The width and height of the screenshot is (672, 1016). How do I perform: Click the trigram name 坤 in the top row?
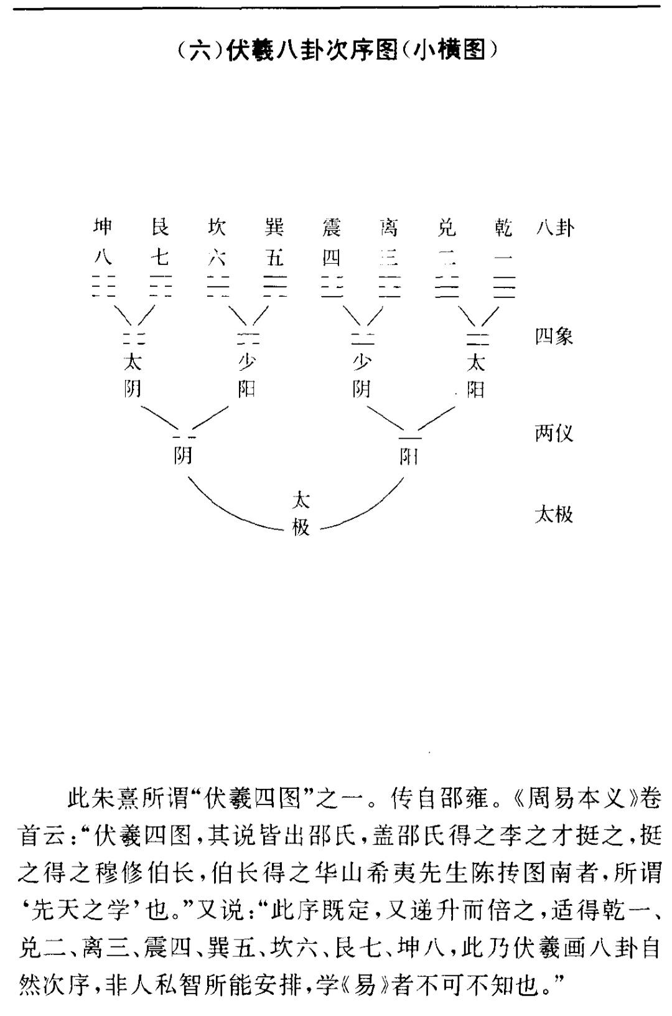click(102, 227)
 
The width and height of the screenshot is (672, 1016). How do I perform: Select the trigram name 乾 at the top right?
click(503, 227)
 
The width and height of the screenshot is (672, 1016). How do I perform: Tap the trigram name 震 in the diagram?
click(331, 227)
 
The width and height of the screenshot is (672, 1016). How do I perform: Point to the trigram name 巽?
click(274, 227)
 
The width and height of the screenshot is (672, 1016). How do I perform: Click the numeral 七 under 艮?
click(160, 258)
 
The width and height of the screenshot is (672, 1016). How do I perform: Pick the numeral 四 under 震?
click(331, 258)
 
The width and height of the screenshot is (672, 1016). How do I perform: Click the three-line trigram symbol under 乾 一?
click(503, 286)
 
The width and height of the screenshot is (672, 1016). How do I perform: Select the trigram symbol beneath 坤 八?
click(103, 286)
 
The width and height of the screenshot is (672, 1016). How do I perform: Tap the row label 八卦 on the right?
click(554, 227)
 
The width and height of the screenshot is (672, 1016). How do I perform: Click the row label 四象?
click(554, 337)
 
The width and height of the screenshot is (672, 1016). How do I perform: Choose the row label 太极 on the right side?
click(554, 515)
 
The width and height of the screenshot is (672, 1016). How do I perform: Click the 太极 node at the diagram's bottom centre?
click(301, 513)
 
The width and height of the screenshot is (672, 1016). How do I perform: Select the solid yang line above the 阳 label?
click(410, 438)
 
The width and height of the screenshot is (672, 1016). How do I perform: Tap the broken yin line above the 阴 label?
click(184, 437)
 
